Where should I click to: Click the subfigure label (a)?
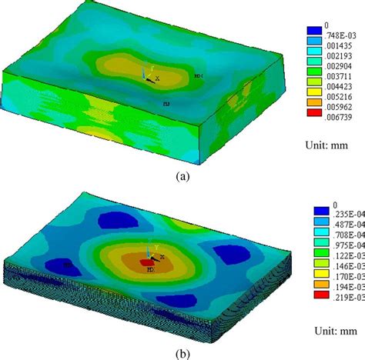(x=182, y=175)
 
